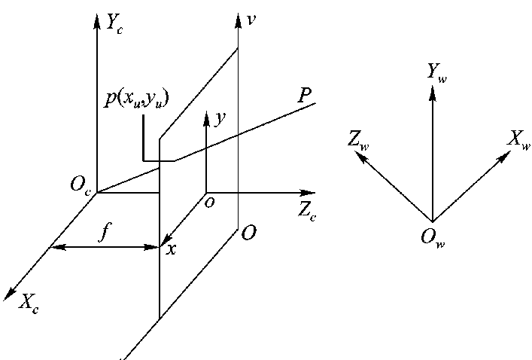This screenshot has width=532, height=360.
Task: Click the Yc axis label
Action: click(115, 25)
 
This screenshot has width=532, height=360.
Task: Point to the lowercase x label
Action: click(172, 249)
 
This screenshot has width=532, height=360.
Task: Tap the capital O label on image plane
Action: click(249, 234)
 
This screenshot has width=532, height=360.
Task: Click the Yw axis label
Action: click(436, 72)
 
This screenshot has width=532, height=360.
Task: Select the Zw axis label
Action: click(357, 141)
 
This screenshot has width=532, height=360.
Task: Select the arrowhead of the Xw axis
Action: click(505, 156)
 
